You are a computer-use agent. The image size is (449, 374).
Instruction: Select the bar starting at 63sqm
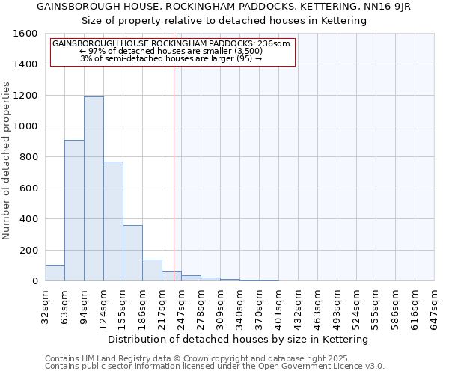(x=74, y=210)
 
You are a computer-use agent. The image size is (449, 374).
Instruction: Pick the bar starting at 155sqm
(x=132, y=253)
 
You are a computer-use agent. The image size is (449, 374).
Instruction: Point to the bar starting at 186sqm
(x=152, y=270)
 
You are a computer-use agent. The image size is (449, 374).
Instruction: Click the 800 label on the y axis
(x=28, y=157)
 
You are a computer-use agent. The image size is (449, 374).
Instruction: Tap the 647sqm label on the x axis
(x=435, y=307)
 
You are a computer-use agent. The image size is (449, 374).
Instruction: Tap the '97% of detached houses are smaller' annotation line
(x=171, y=51)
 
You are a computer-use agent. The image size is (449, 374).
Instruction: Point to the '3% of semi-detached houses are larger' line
(x=171, y=58)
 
